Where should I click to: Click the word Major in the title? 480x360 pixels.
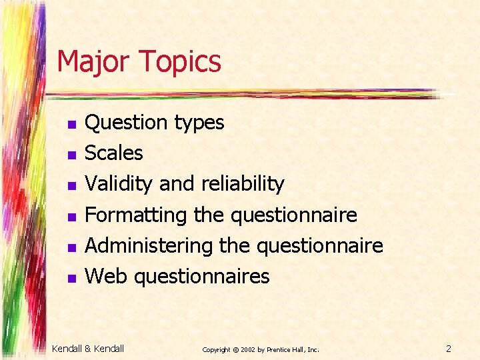click(94, 61)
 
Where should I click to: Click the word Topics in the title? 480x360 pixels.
click(179, 62)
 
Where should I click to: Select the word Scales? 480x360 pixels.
click(114, 153)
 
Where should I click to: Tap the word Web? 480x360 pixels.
click(107, 276)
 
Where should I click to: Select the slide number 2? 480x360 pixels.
click(449, 348)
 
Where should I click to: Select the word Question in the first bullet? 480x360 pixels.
click(127, 123)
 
